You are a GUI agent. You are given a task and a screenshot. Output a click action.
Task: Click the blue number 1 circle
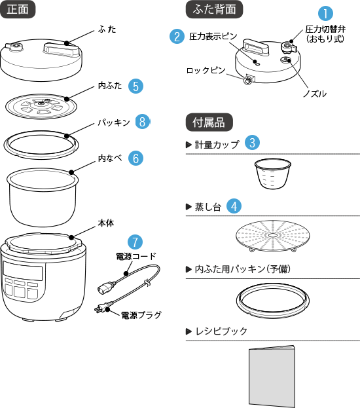pos(325,13)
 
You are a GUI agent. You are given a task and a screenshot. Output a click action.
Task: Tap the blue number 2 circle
pos(177,36)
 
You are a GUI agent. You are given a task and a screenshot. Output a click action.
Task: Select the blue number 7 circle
pos(135,242)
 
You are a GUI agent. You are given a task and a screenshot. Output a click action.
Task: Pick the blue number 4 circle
pos(234,206)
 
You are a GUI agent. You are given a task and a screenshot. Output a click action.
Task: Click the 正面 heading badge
pos(18,9)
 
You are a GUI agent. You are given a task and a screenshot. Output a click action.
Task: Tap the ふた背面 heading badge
pos(214,9)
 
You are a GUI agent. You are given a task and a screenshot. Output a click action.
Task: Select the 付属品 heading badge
pos(209,122)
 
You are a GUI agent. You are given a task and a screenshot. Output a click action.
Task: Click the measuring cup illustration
pos(272,174)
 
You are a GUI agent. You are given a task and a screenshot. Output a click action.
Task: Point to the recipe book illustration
pos(272,376)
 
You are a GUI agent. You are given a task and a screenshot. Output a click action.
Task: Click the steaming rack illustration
pos(273,236)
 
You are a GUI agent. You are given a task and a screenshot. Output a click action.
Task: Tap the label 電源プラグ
pos(141,315)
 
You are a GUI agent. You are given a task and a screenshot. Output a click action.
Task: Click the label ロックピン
pos(206,70)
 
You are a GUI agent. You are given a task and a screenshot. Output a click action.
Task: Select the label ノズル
pos(315,94)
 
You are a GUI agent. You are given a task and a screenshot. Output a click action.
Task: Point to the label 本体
pos(106,223)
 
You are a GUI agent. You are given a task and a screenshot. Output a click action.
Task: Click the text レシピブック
pos(221,331)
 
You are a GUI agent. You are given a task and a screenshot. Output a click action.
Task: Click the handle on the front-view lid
pos(62,49)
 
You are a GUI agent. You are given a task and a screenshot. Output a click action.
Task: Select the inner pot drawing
pos(43,197)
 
